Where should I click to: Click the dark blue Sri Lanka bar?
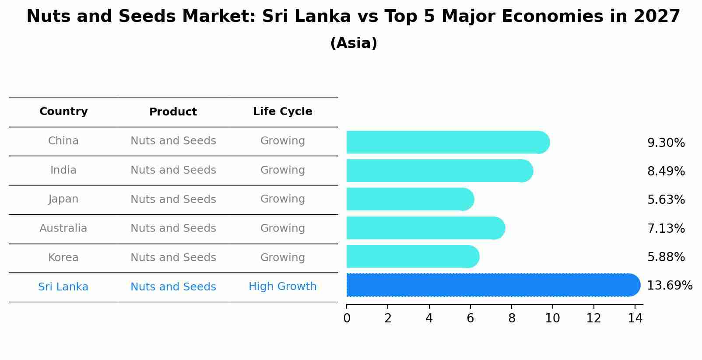click(x=492, y=285)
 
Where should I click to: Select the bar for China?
click(x=446, y=143)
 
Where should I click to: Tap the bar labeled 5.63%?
click(x=409, y=199)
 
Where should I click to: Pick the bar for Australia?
click(x=425, y=228)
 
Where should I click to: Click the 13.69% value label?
click(x=670, y=286)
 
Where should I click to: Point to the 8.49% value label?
click(x=666, y=171)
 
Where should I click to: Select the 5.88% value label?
click(x=666, y=257)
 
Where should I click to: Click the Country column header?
click(x=63, y=112)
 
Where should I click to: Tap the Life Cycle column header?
click(x=282, y=112)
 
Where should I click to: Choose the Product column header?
click(x=173, y=112)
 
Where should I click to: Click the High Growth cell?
click(x=282, y=287)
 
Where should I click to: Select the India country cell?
click(x=63, y=170)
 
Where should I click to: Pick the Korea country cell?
click(x=63, y=258)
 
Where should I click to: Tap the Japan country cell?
click(x=63, y=199)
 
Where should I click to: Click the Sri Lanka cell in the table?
click(x=63, y=287)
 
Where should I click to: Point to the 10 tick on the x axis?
click(x=552, y=318)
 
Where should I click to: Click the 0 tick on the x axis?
click(x=347, y=318)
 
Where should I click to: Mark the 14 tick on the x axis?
click(x=635, y=318)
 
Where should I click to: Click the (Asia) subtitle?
click(x=354, y=43)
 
